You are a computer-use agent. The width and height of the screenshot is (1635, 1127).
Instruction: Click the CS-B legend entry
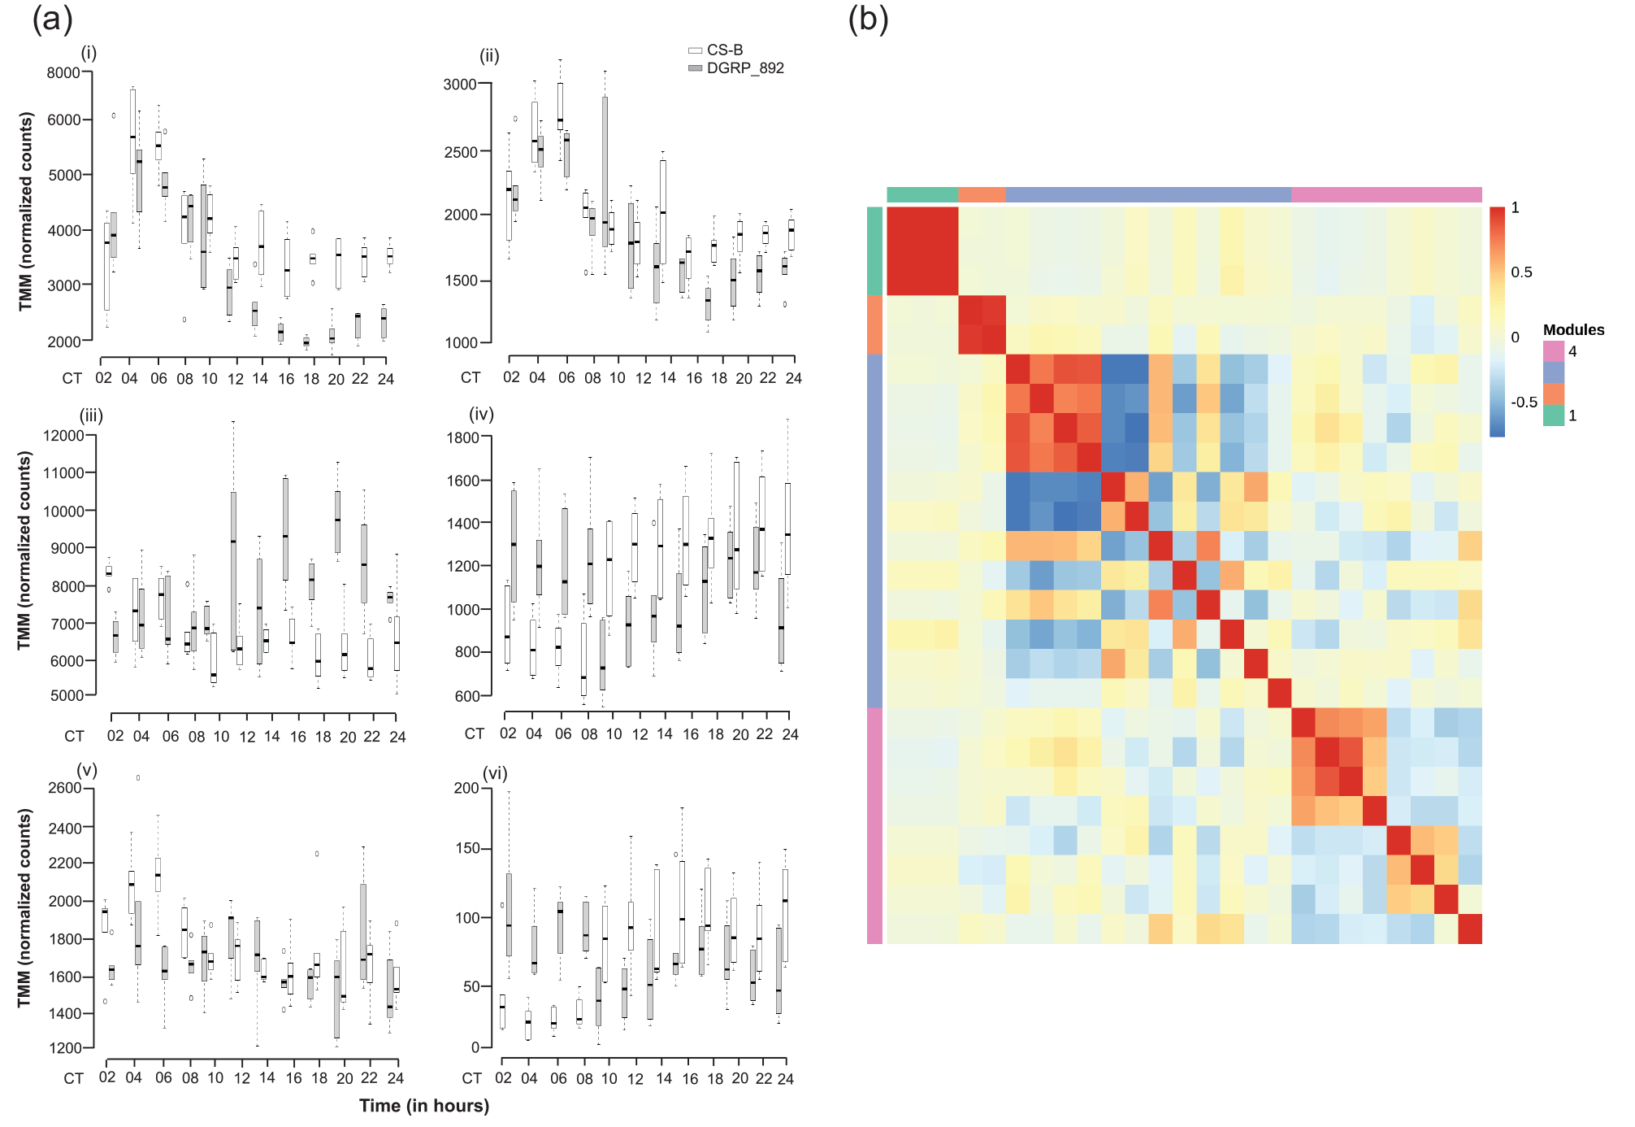tap(716, 50)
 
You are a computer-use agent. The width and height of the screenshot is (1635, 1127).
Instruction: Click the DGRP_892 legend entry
tap(736, 68)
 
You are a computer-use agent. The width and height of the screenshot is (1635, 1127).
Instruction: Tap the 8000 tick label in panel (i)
tap(63, 73)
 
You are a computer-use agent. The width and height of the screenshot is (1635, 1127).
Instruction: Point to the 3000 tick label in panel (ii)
tap(460, 85)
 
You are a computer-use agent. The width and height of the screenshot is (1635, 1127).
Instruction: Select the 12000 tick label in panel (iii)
tap(63, 436)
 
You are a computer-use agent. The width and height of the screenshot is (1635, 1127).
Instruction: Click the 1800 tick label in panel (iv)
tap(463, 437)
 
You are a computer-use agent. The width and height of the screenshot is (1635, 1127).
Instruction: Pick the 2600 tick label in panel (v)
tap(65, 788)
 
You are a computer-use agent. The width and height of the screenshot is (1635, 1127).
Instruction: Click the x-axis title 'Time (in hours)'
tap(424, 1106)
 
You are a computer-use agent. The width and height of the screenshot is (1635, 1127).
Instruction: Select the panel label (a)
tap(53, 18)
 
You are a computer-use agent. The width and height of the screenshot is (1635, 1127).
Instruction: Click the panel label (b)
tap(869, 18)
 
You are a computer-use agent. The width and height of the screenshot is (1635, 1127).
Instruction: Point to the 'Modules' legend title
tap(1574, 330)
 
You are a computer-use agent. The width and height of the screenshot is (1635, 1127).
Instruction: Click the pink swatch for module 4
tap(1554, 351)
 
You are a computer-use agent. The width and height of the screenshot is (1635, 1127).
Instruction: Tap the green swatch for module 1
tap(1554, 416)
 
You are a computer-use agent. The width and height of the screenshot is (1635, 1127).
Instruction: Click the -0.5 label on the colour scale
tap(1524, 402)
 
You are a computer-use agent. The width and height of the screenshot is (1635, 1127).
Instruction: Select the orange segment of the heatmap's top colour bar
tap(982, 194)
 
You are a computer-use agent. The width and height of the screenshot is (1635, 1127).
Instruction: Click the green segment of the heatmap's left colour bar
tap(874, 251)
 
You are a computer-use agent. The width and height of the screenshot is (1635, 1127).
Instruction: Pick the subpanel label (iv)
tap(481, 415)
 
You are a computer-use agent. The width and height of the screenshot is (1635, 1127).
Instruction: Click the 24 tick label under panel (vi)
tap(786, 1079)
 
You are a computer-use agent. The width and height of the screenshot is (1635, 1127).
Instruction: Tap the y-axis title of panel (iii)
tap(24, 551)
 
